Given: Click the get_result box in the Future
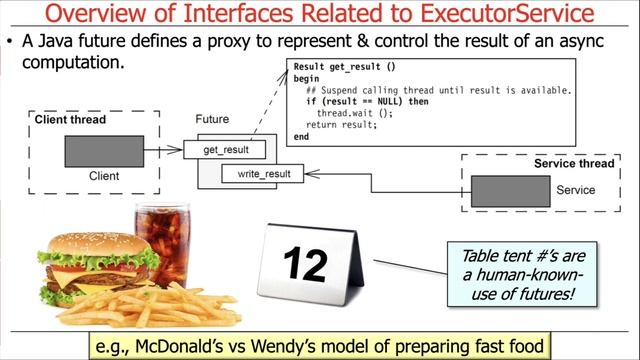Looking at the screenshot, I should [x=226, y=150].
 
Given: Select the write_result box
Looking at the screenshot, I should [x=263, y=174].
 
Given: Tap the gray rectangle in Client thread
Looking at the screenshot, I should [x=104, y=151].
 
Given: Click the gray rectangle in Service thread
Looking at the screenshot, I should [x=509, y=191].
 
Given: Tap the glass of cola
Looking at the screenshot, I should [x=162, y=241].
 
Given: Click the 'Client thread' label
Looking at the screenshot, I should [x=70, y=120].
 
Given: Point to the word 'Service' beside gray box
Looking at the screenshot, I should [x=575, y=190].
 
